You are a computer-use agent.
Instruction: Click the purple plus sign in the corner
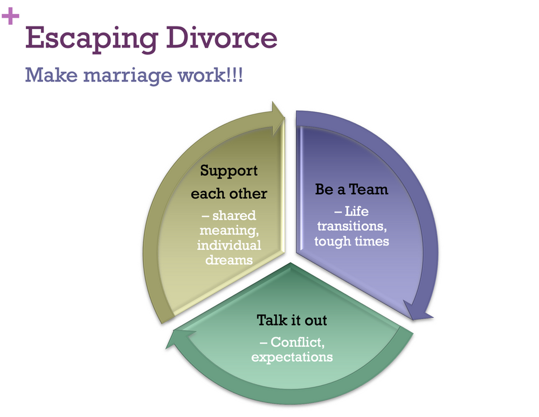point(10,17)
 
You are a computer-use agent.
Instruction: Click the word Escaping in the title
point(87,39)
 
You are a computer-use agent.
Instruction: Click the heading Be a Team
point(351,189)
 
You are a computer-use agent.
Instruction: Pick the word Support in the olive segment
point(229,171)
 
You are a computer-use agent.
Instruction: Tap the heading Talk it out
point(292,320)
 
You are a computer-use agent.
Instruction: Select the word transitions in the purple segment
point(351,227)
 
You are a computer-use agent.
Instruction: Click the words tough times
point(351,241)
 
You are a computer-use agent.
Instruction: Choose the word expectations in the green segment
point(292,357)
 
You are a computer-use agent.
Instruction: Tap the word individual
point(229,245)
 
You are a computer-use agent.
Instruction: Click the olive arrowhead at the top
point(278,113)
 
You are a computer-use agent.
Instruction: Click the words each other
point(229,193)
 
